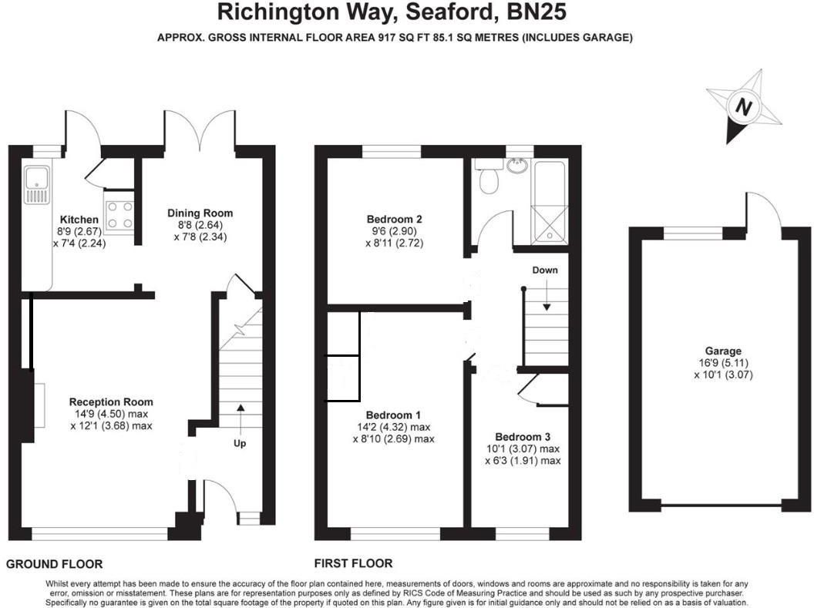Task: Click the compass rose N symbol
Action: click(x=743, y=107)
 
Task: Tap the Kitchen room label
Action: click(x=79, y=220)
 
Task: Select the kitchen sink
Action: click(x=35, y=186)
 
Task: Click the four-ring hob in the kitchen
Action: click(x=119, y=214)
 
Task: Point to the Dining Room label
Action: click(x=200, y=213)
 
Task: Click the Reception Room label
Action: click(x=111, y=401)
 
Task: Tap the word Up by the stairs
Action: click(x=240, y=443)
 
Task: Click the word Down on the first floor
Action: click(x=544, y=270)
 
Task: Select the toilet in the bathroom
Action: click(x=488, y=179)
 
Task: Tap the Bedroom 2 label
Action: click(x=394, y=219)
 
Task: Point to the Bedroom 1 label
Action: click(x=392, y=413)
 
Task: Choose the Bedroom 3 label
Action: click(x=522, y=435)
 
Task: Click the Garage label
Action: click(x=721, y=351)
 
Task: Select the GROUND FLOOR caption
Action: click(x=54, y=564)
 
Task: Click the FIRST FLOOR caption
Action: click(x=353, y=563)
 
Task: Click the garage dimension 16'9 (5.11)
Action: click(x=721, y=363)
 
